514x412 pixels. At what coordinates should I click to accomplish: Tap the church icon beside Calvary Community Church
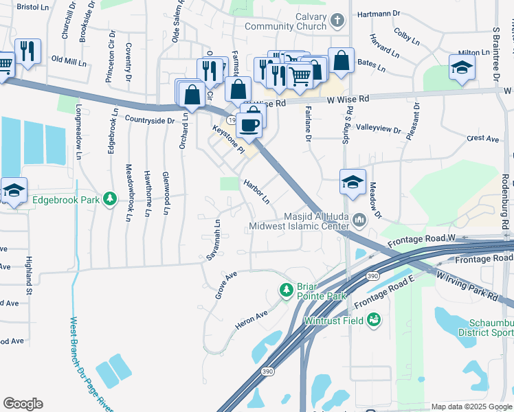point(337,21)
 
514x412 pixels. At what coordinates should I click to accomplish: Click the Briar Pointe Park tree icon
point(287,290)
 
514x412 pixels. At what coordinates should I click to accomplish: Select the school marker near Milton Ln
point(462,67)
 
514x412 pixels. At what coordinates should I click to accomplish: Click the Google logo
point(23,404)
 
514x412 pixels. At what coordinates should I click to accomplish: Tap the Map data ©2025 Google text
point(471,407)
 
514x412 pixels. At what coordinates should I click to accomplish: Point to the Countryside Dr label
point(150,120)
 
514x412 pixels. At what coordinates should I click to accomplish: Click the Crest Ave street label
point(482,138)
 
